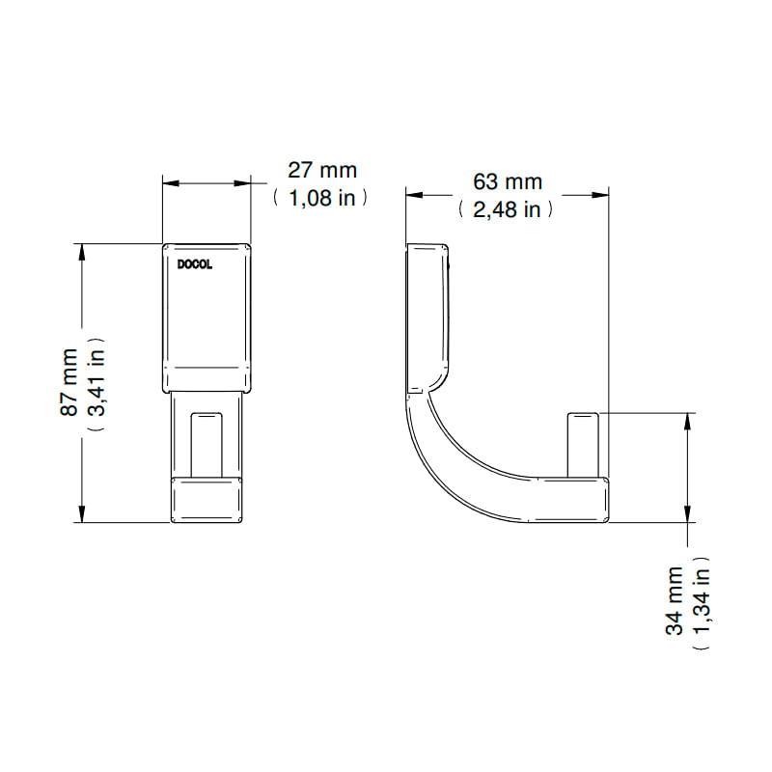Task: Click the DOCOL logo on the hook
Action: click(x=195, y=264)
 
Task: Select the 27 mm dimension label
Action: click(x=322, y=171)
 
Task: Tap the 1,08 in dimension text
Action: click(x=321, y=198)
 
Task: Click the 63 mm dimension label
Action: click(x=508, y=182)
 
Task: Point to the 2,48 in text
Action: click(x=508, y=209)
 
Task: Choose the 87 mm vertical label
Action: click(x=69, y=382)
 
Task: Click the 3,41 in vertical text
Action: click(x=96, y=382)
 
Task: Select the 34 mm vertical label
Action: click(x=674, y=600)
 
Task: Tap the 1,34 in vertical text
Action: click(x=702, y=600)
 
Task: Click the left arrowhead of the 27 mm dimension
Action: click(x=171, y=183)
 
